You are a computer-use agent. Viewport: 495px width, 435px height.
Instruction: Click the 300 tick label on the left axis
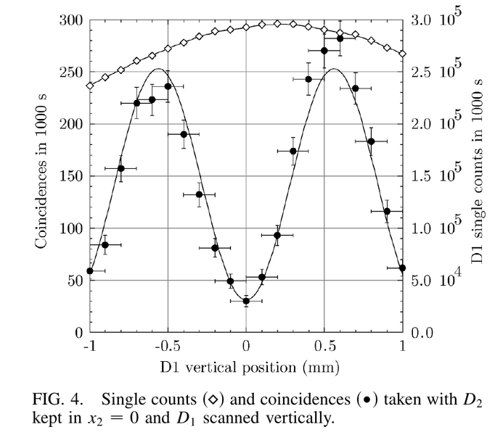tap(71, 20)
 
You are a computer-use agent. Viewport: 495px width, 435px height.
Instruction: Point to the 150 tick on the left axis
tap(71, 176)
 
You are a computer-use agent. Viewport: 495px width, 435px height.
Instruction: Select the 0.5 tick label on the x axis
tap(324, 346)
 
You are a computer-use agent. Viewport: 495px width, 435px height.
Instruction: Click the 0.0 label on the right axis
tap(422, 333)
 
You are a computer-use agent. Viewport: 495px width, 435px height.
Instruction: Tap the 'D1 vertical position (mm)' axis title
tap(250, 368)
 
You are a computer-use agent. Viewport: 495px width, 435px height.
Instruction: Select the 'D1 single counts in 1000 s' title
tap(477, 170)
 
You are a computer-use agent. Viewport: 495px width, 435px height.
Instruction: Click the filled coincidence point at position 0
tap(246, 301)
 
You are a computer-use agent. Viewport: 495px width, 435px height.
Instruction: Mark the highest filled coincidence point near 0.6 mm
tap(340, 38)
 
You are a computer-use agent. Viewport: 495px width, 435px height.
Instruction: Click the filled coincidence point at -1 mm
tap(90, 271)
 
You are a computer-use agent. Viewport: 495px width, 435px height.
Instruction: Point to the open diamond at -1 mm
tap(90, 86)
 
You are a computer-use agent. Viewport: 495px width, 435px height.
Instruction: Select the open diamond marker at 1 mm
tap(403, 54)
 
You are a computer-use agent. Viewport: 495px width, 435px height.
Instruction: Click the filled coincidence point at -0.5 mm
tap(168, 86)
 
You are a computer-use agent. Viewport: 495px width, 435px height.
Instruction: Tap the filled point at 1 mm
tap(402, 268)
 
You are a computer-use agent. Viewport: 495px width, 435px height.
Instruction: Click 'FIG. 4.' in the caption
tap(58, 399)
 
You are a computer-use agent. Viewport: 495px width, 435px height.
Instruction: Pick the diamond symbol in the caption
tap(213, 399)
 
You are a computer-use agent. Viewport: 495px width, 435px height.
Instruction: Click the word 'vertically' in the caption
tap(300, 418)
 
